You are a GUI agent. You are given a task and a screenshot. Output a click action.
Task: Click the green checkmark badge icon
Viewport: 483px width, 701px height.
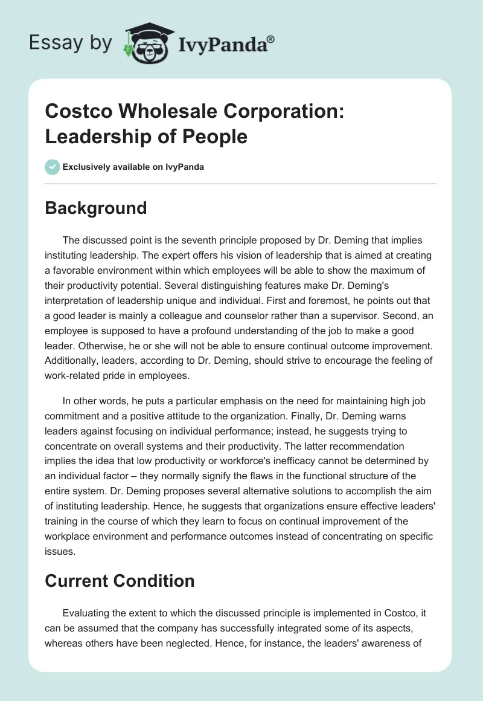coord(53,167)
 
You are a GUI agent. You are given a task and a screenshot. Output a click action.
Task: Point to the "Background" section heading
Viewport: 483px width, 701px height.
coord(96,208)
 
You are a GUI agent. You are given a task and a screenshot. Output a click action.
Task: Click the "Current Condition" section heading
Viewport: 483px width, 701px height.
coord(120,581)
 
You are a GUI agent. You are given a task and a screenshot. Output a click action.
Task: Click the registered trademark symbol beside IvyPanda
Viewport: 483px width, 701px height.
coord(271,39)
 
